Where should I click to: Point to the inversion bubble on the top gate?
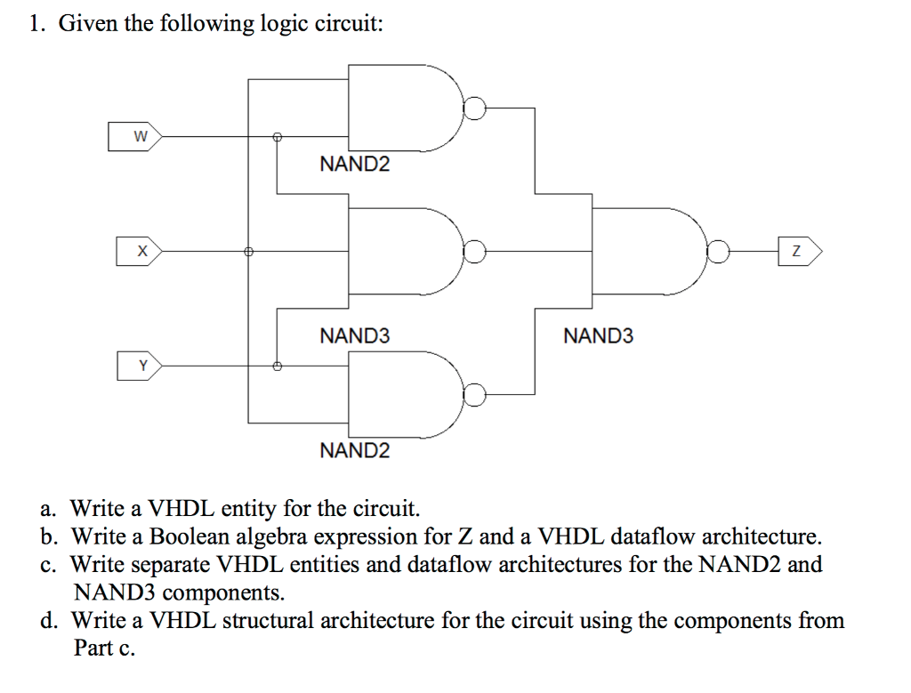click(x=476, y=109)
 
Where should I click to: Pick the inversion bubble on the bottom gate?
click(x=476, y=394)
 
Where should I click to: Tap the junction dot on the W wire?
click(x=277, y=137)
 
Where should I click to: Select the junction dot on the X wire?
click(x=248, y=252)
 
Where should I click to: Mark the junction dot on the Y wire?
click(x=277, y=366)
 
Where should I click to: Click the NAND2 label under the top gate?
click(x=354, y=165)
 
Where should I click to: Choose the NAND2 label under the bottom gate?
click(x=354, y=450)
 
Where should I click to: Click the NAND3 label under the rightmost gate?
click(x=599, y=336)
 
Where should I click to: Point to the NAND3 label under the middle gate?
click(x=354, y=336)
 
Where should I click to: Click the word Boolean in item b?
click(x=189, y=537)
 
